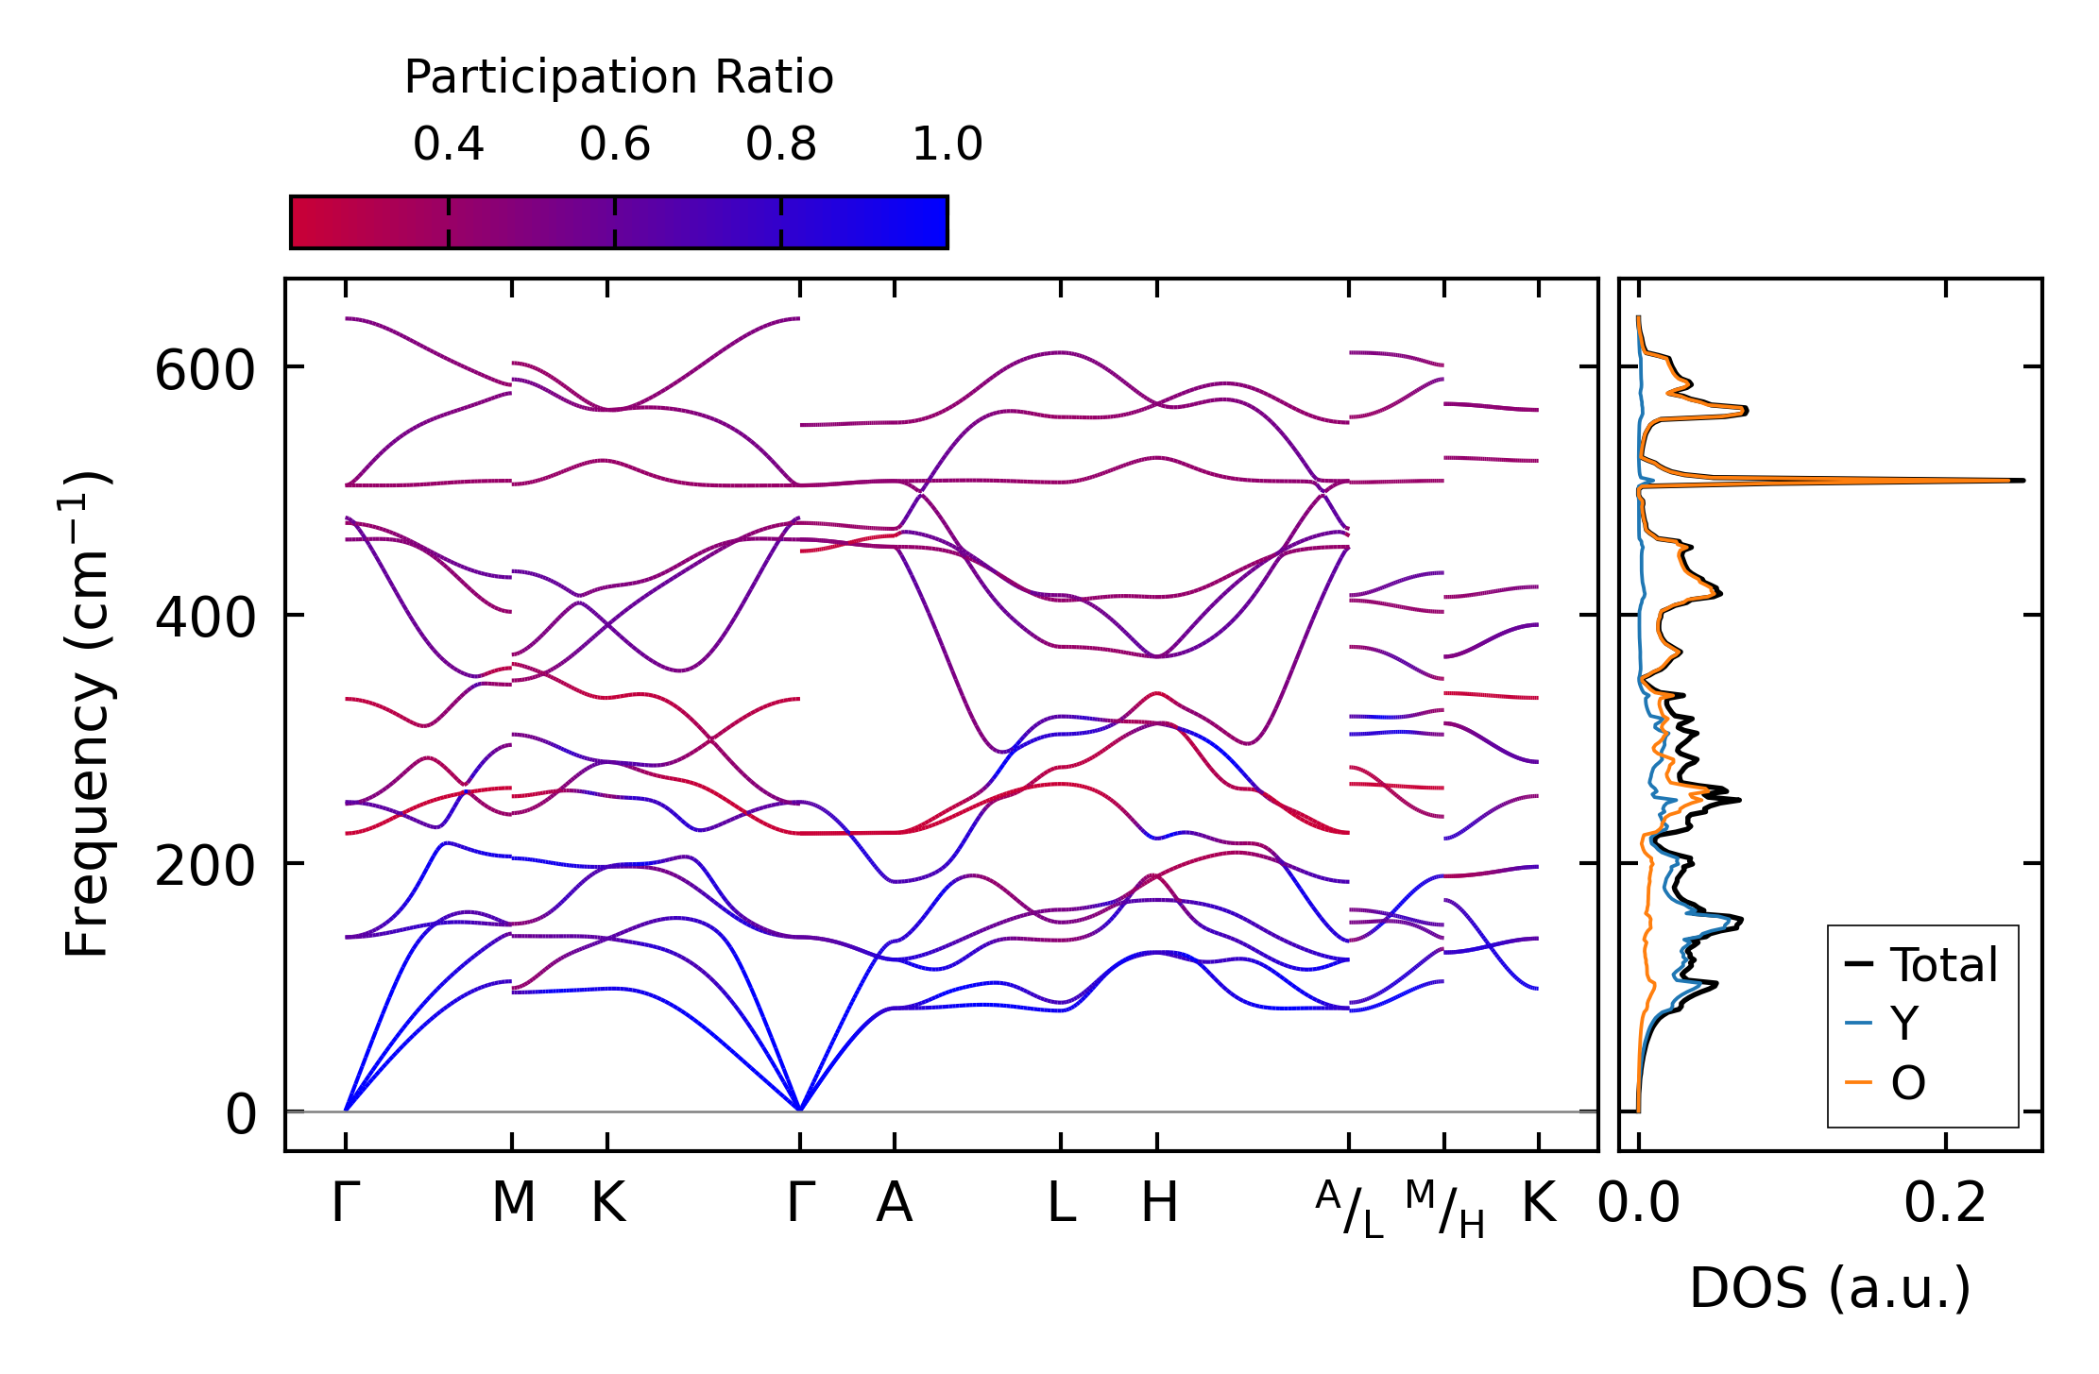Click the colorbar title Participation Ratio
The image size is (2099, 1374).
pyautogui.click(x=619, y=77)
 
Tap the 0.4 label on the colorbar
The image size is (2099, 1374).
pyautogui.click(x=448, y=144)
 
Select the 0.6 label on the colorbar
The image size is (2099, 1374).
pyautogui.click(x=615, y=144)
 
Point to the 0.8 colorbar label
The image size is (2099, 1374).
pyautogui.click(x=781, y=144)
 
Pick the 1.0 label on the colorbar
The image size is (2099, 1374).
pyautogui.click(x=947, y=144)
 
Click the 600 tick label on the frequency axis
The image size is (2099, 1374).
pyautogui.click(x=205, y=370)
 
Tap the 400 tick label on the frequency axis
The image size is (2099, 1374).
pyautogui.click(x=205, y=619)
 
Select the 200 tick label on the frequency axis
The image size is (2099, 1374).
pyautogui.click(x=205, y=867)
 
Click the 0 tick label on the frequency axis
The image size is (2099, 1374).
pyautogui.click(x=241, y=1115)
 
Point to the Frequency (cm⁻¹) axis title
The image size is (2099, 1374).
pyautogui.click(x=88, y=714)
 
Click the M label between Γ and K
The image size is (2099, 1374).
pyautogui.click(x=513, y=1203)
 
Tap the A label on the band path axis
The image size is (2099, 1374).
pyautogui.click(x=895, y=1203)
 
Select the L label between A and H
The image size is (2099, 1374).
pyautogui.click(x=1062, y=1203)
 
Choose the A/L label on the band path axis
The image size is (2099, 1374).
pyautogui.click(x=1350, y=1209)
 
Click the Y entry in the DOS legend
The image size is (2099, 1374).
pyautogui.click(x=1904, y=1024)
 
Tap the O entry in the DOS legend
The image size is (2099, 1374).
pyautogui.click(x=1907, y=1082)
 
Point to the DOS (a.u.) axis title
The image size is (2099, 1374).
pyautogui.click(x=1830, y=1288)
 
